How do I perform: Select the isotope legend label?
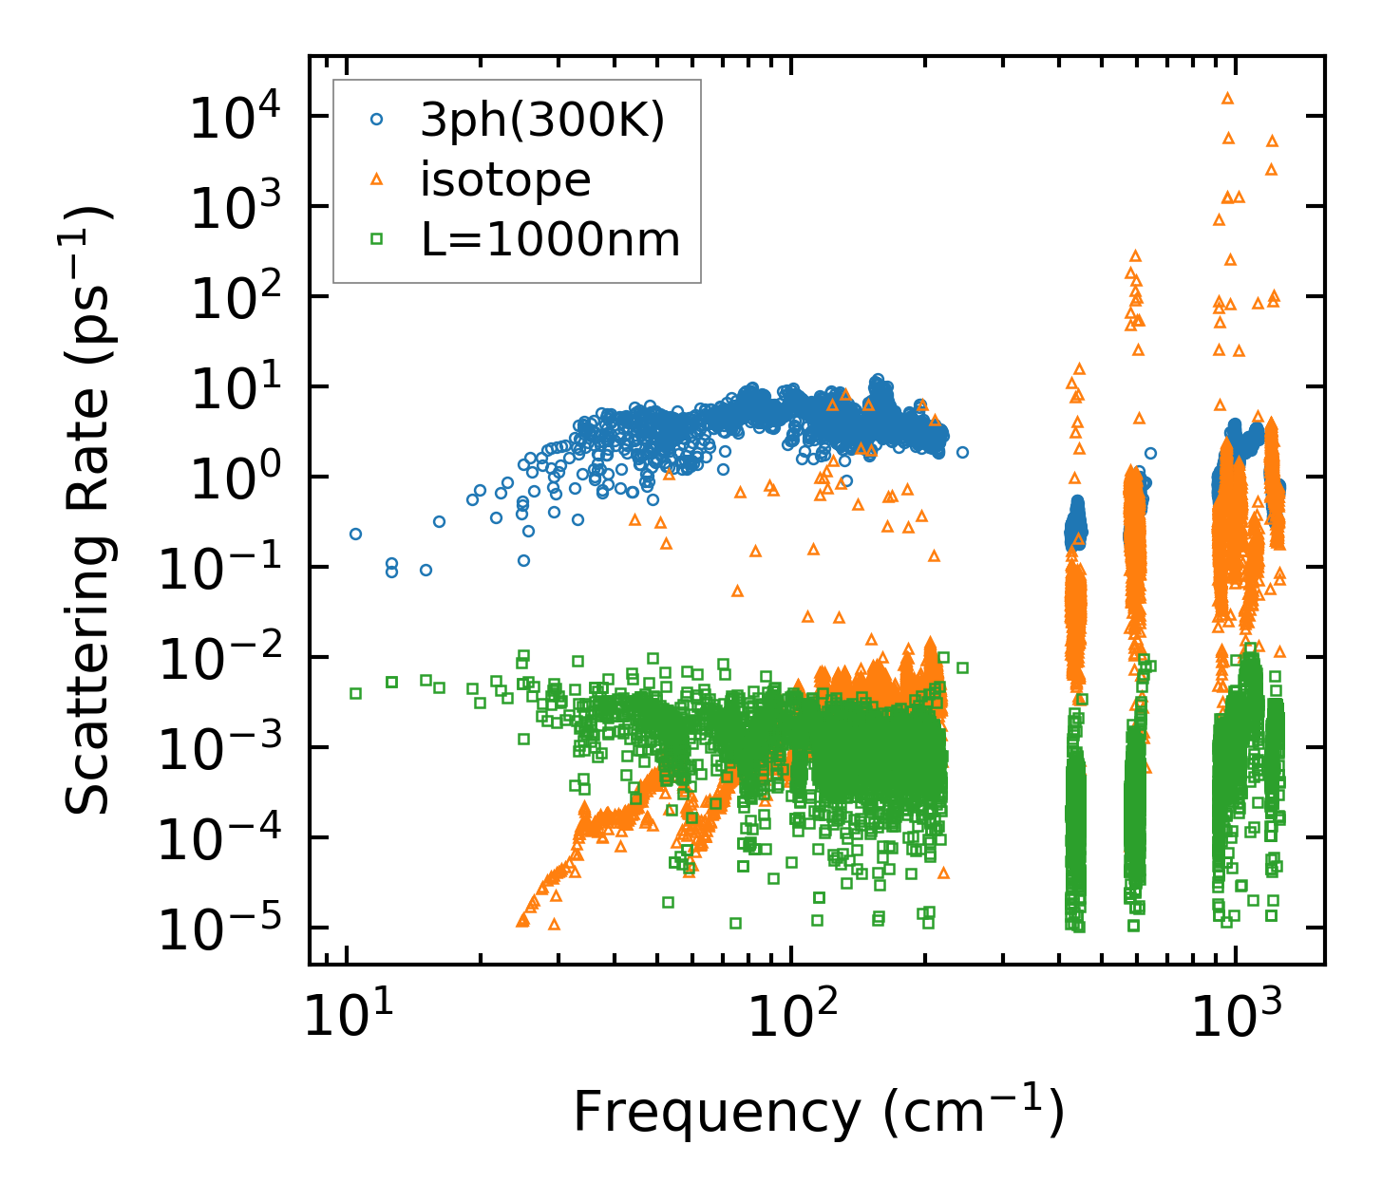point(505,179)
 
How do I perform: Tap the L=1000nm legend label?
point(551,239)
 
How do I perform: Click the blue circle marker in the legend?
point(376,120)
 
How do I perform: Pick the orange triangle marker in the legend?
point(376,178)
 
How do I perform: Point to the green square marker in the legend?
point(376,239)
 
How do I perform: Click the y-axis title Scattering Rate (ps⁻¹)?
point(90,511)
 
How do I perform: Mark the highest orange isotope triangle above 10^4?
point(1227,98)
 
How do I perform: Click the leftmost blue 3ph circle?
point(355,534)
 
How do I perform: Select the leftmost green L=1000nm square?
point(355,693)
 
